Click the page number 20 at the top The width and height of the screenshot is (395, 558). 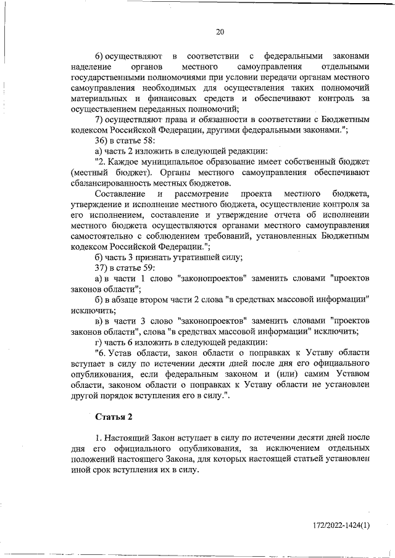[220, 32]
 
